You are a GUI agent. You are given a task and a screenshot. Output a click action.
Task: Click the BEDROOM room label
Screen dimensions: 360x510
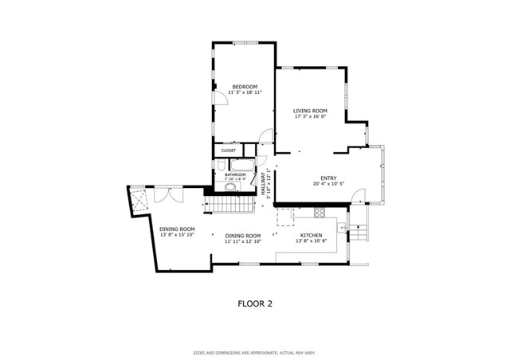click(245, 86)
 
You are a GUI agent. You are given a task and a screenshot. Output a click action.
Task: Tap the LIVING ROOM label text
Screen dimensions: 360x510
click(310, 111)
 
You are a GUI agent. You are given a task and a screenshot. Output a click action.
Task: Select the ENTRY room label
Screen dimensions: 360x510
click(329, 178)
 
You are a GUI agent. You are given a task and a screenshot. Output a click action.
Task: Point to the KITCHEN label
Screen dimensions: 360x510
click(311, 236)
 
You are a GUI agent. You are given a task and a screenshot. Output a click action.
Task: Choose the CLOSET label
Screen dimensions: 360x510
click(229, 150)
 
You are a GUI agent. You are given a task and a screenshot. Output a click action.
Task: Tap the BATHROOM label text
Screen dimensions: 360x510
click(235, 174)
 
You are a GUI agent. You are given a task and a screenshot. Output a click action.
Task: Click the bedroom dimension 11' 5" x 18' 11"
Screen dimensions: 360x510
click(245, 92)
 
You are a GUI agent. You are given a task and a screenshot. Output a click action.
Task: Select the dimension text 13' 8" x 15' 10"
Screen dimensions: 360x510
click(177, 235)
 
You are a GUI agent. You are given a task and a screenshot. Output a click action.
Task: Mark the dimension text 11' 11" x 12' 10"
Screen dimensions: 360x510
click(243, 242)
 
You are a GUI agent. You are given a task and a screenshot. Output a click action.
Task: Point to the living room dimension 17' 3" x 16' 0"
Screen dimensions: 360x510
click(310, 117)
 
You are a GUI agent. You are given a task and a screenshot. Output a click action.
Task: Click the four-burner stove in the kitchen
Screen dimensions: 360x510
click(320, 213)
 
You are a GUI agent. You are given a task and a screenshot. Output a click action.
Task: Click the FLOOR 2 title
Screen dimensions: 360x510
click(256, 303)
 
